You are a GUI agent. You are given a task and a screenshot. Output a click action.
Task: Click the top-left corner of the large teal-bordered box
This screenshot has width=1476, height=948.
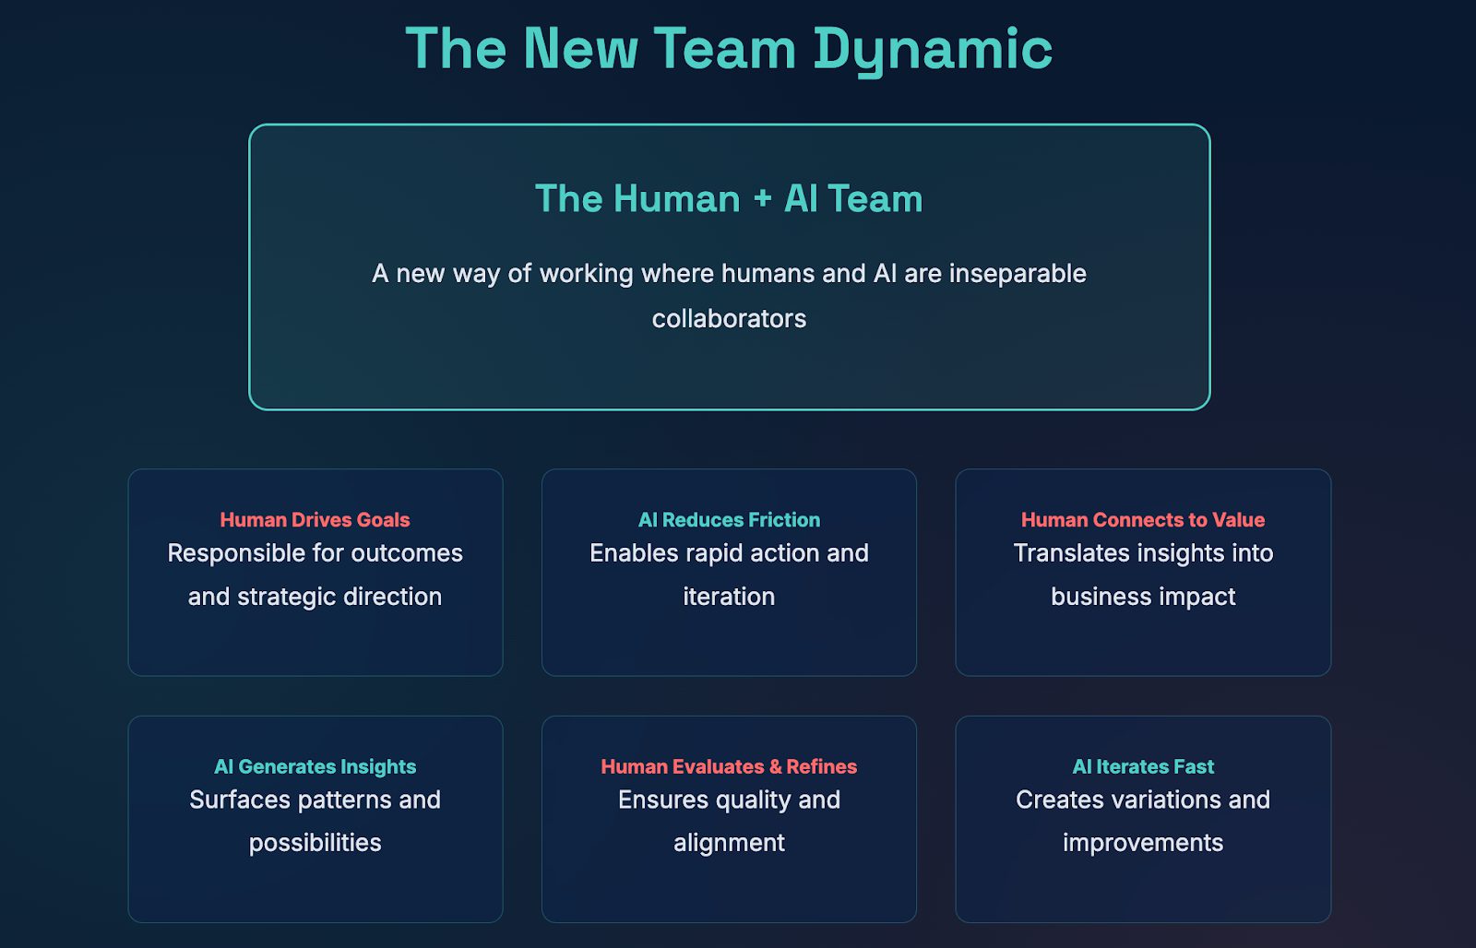click(x=250, y=125)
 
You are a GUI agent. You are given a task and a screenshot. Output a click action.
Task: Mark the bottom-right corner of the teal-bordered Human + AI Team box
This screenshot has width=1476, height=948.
click(x=1209, y=409)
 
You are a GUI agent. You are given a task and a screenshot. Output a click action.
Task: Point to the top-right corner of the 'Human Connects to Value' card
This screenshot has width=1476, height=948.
click(x=1330, y=469)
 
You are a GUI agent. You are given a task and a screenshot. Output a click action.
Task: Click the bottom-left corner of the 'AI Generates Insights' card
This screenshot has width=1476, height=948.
click(x=129, y=921)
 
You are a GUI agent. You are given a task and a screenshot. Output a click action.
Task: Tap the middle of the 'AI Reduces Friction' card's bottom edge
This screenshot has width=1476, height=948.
click(x=729, y=675)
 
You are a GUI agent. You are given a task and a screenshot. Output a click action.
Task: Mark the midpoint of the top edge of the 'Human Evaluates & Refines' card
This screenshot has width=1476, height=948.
click(x=729, y=717)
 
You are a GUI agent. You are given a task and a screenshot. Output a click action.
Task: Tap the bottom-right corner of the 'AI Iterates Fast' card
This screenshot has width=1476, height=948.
click(x=1330, y=921)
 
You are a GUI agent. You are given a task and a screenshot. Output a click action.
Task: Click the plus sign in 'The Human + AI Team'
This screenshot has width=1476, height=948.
click(x=762, y=198)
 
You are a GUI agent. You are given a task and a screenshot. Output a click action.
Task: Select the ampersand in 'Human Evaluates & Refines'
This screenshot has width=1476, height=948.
click(x=775, y=767)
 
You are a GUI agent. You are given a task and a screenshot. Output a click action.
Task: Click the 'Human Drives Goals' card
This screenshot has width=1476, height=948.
click(x=315, y=572)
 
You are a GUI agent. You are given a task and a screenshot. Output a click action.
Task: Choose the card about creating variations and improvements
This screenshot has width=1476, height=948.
click(x=1143, y=819)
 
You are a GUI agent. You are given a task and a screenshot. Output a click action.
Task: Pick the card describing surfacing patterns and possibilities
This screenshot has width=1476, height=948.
click(x=315, y=819)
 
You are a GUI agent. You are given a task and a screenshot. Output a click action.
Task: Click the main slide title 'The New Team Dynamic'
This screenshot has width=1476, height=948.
click(x=729, y=50)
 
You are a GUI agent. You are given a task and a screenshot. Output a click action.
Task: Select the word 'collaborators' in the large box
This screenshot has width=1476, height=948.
click(x=729, y=319)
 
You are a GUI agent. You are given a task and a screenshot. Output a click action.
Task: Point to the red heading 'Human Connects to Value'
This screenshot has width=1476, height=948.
click(x=1143, y=520)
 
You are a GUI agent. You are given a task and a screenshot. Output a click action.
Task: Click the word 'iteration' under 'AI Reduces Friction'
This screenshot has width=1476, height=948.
click(x=729, y=597)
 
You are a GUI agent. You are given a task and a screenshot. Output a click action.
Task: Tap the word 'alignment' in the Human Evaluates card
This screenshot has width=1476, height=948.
click(x=729, y=843)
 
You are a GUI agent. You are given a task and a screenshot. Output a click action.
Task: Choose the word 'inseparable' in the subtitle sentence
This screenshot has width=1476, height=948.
click(x=1018, y=274)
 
